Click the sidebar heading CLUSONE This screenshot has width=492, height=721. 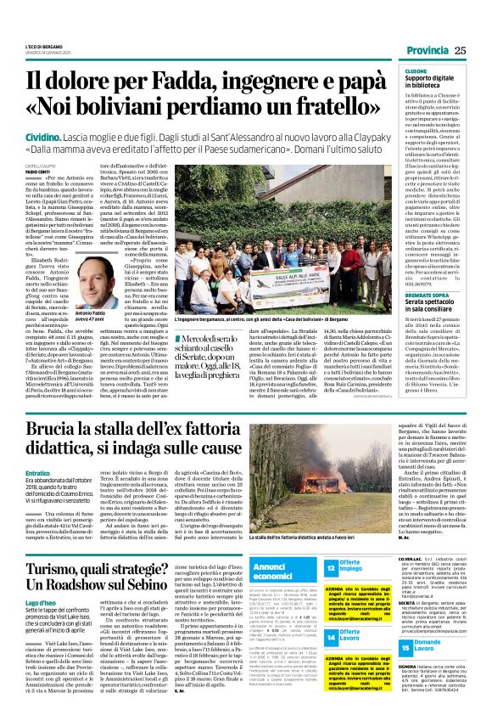(x=417, y=72)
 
